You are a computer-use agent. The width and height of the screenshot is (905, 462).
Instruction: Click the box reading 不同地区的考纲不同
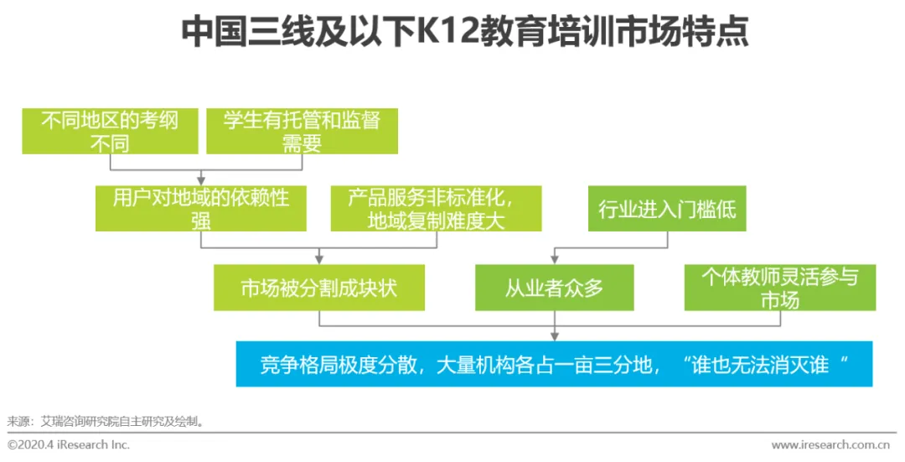point(110,131)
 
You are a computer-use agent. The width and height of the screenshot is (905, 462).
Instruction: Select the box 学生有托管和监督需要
point(302,131)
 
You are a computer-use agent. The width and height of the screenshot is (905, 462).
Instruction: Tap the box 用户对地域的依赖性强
point(201,208)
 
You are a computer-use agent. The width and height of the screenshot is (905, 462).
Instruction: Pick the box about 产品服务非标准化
point(436,208)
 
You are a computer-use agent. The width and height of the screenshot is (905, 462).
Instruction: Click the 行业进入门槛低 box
point(667,209)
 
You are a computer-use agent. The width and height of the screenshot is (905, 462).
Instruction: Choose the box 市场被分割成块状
point(318,288)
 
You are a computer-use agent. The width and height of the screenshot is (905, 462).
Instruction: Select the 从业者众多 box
point(554,288)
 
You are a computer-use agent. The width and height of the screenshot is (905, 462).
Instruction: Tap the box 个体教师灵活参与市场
point(779,288)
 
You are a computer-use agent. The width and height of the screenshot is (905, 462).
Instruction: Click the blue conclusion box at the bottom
point(554,364)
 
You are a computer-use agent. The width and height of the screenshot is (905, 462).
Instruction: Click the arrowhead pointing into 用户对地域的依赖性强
point(201,180)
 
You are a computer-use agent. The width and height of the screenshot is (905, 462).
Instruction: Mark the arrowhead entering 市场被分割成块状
point(318,259)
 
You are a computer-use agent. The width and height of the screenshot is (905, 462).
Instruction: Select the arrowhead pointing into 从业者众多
point(554,259)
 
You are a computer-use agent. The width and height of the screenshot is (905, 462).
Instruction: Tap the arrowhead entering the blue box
point(554,336)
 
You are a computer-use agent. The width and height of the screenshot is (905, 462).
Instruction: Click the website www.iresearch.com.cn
point(830,444)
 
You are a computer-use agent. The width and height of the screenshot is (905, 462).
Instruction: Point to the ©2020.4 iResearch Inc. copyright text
point(69,444)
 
